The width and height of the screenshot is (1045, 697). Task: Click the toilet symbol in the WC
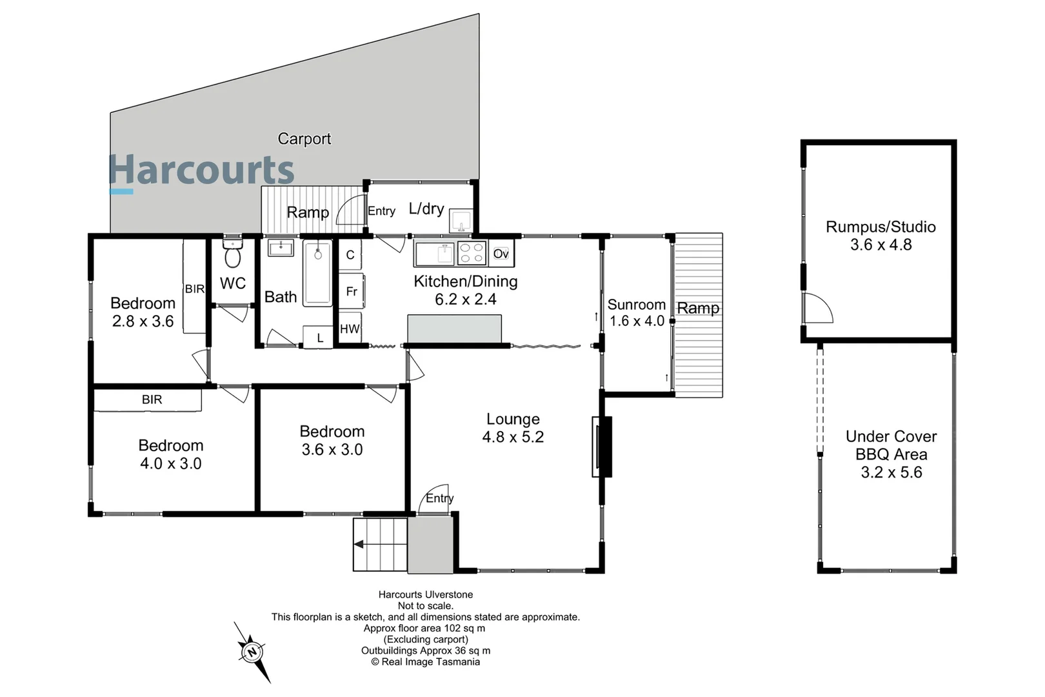coord(233,257)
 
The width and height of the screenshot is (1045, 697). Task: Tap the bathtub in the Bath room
coord(318,273)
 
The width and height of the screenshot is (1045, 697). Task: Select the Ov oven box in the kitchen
coord(501,254)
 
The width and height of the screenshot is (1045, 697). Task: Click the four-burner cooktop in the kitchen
coord(472,254)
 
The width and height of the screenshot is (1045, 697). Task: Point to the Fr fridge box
coord(352,292)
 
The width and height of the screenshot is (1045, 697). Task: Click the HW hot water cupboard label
coord(350,329)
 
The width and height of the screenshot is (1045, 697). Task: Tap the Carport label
coord(304,139)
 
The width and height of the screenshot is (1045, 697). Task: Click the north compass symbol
coord(252,652)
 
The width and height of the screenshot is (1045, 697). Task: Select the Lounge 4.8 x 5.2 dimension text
coord(513,437)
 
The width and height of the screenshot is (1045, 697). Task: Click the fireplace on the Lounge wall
coord(602,447)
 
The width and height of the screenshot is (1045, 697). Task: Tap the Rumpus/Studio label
coord(881,227)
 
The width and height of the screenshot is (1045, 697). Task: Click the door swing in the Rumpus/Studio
coord(818,308)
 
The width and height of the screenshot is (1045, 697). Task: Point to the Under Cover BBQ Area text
coord(891,445)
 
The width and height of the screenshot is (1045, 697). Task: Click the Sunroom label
coord(636,305)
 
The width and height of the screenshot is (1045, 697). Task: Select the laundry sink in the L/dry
coord(461,220)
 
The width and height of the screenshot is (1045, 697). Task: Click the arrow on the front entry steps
coord(359,544)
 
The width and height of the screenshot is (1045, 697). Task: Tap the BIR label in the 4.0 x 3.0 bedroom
coord(152,400)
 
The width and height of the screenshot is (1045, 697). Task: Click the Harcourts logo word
coord(202,170)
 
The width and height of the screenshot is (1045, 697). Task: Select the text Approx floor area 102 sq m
coord(424,628)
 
